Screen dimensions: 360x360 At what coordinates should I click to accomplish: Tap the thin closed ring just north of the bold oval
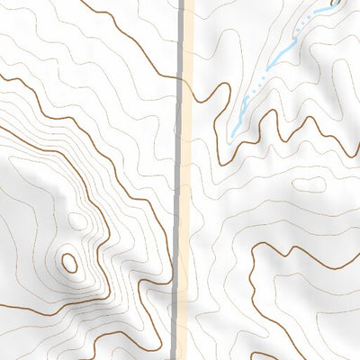point(77,221)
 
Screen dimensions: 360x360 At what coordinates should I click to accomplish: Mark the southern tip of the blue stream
point(231,135)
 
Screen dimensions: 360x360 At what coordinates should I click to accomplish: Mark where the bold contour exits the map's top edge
point(94,2)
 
